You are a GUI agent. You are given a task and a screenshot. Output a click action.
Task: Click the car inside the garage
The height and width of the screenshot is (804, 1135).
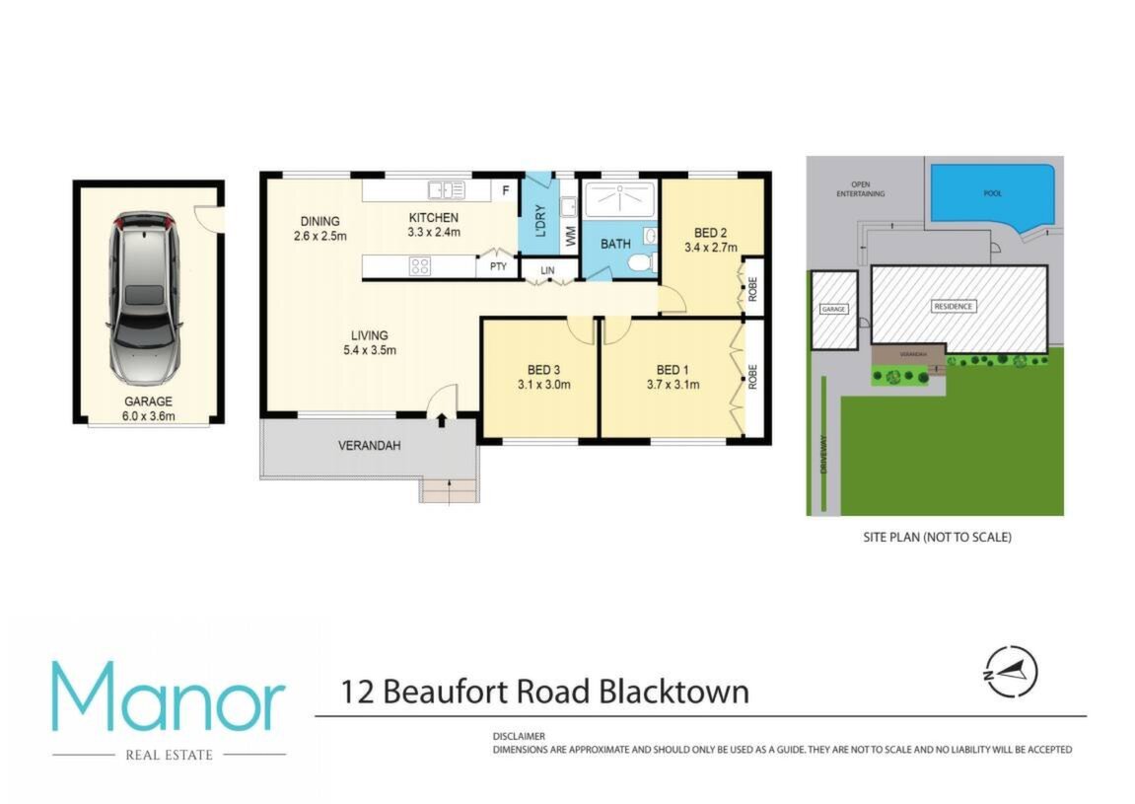[x=143, y=298]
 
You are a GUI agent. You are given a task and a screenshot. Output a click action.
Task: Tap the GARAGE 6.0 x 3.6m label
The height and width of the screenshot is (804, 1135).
[x=148, y=408]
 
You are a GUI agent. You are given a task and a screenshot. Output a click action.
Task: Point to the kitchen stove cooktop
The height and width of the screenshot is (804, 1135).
[x=420, y=266]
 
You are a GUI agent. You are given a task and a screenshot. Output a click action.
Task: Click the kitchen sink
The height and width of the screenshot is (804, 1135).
[x=447, y=190]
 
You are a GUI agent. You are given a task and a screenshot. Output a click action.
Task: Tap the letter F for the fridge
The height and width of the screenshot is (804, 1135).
[x=506, y=190]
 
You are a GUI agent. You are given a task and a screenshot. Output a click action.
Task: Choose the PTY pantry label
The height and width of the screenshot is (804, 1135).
[x=498, y=266]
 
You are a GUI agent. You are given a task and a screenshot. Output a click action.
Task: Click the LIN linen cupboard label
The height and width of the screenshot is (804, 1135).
[x=547, y=270]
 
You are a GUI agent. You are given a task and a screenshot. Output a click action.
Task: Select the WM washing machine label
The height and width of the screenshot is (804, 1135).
[x=571, y=236]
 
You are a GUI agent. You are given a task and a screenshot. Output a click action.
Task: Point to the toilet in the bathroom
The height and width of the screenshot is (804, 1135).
[x=640, y=261]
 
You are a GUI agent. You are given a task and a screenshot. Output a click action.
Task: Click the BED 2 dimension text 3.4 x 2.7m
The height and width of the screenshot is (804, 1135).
[x=711, y=248]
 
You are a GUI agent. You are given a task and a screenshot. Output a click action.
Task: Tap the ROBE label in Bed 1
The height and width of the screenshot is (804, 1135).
[x=752, y=377]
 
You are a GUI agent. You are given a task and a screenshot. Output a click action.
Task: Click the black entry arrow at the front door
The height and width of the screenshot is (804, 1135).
[x=442, y=420]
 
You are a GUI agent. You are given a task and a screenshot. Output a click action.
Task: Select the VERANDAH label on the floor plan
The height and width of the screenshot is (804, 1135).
[x=369, y=446]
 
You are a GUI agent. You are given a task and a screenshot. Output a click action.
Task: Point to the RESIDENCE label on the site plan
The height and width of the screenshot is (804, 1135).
[x=954, y=307]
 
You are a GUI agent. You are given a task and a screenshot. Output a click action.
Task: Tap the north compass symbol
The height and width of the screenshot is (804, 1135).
[x=1011, y=672]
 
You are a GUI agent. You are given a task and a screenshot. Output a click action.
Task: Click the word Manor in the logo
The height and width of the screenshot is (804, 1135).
[x=168, y=696]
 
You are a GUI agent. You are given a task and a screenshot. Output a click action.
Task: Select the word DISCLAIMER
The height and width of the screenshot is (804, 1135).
[x=519, y=736]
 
